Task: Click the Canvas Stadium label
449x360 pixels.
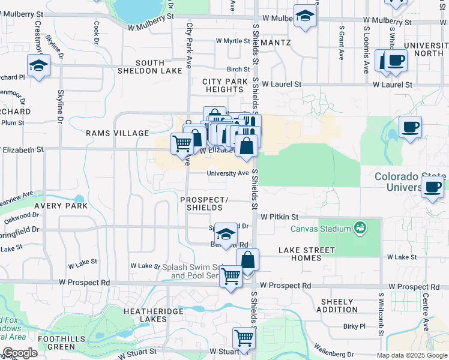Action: tap(321, 228)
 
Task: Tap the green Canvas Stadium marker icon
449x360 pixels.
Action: tap(360, 227)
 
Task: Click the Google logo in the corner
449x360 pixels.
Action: tap(20, 353)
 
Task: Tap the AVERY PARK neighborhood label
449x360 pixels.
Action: tap(61, 205)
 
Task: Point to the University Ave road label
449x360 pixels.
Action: tap(228, 173)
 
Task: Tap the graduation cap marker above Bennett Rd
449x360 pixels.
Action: tap(226, 234)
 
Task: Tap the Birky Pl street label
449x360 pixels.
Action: tap(354, 326)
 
